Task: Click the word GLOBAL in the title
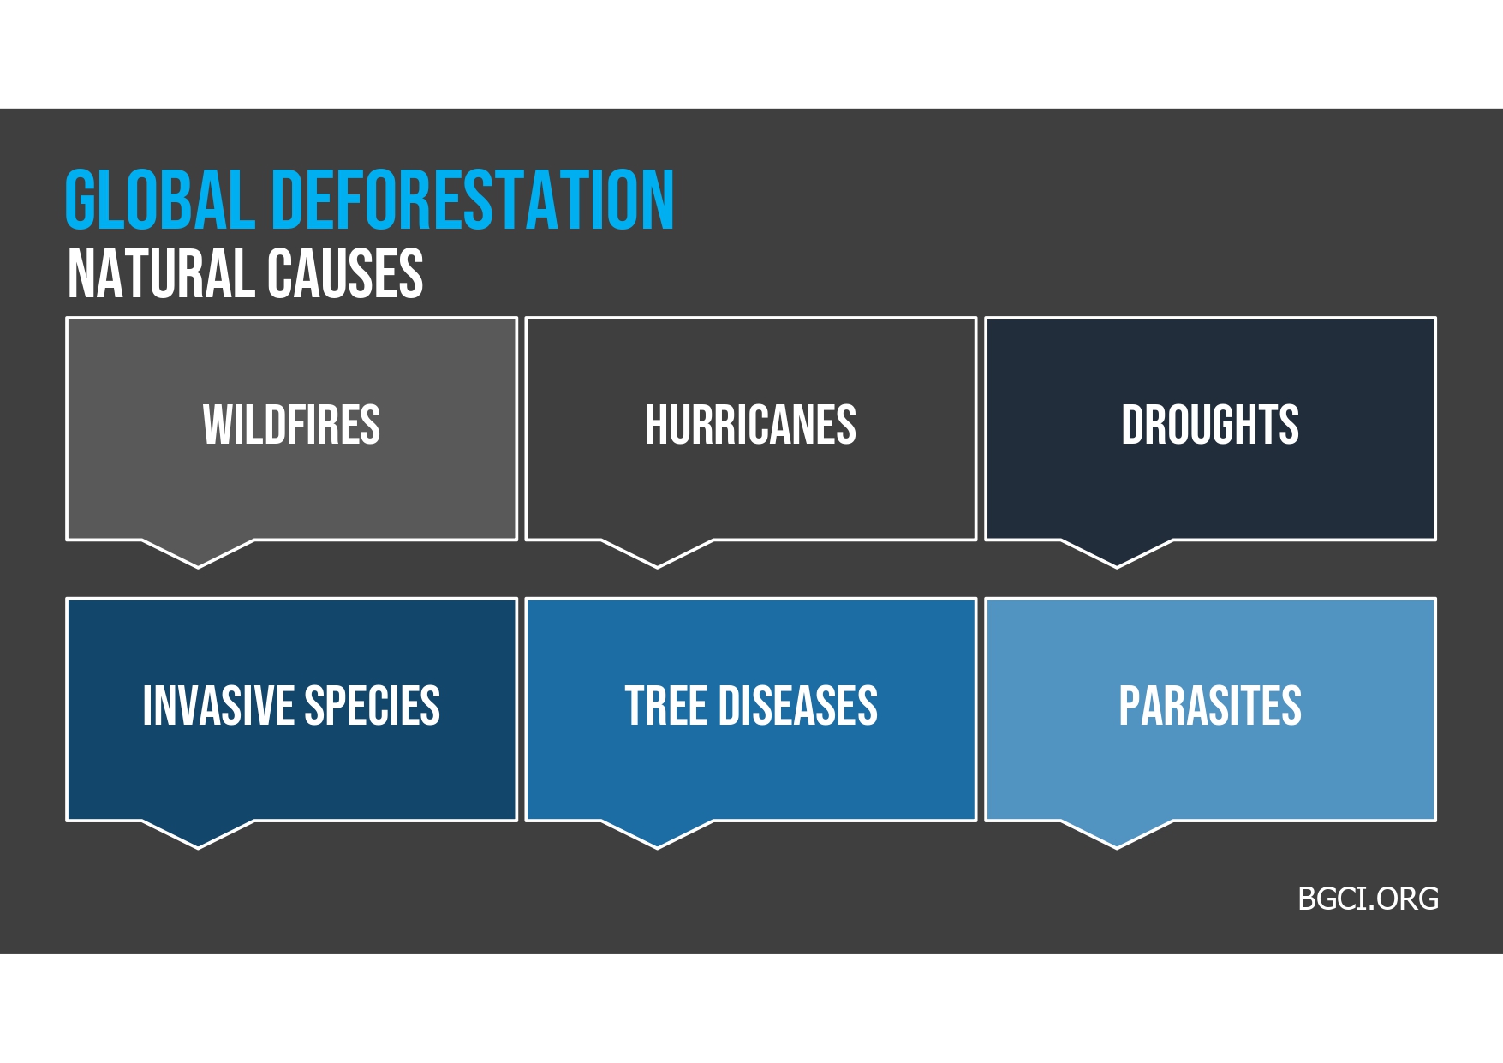[x=160, y=200]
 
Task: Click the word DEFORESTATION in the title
[x=474, y=200]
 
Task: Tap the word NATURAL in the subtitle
[x=160, y=274]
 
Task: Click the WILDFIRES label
[x=291, y=425]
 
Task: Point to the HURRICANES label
[x=750, y=425]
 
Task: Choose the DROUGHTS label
[x=1210, y=425]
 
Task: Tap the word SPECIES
[x=373, y=706]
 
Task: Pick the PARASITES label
[x=1210, y=706]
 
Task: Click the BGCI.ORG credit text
[x=1368, y=899]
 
